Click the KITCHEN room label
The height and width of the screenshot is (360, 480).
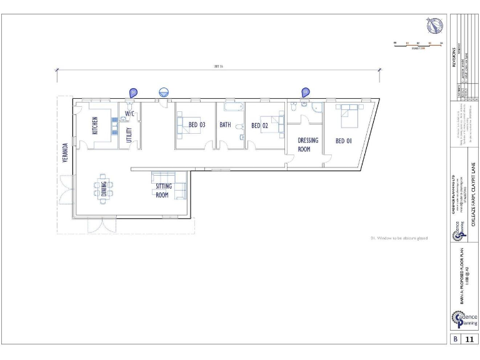click(x=95, y=126)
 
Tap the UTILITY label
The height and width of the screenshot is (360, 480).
click(x=129, y=135)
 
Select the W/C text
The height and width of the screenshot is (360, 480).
click(x=130, y=114)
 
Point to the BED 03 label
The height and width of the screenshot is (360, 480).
click(x=197, y=125)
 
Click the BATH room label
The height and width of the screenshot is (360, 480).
click(x=225, y=125)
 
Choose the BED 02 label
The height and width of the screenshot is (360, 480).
click(x=260, y=126)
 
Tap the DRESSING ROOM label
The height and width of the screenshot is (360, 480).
click(x=307, y=144)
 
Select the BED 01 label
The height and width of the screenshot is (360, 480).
click(x=344, y=141)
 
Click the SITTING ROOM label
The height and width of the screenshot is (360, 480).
click(x=162, y=190)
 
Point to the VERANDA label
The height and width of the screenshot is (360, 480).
click(x=64, y=152)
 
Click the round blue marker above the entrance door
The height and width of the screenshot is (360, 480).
click(x=164, y=91)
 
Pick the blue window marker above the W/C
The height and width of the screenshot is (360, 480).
click(x=132, y=92)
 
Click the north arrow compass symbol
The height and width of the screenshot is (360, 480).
click(x=434, y=26)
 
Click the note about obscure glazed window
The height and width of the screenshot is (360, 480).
click(x=399, y=237)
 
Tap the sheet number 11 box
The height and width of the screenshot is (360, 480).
click(x=469, y=339)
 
